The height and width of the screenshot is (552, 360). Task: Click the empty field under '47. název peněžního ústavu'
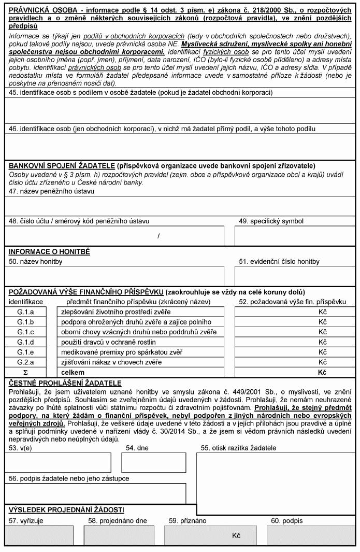pos(180,205)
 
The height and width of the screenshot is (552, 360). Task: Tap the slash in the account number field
pos(159,236)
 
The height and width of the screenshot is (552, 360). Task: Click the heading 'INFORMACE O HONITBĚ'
pos(49,252)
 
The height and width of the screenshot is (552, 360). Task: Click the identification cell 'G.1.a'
pos(26,312)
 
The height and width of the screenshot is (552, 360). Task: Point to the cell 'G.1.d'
pos(26,342)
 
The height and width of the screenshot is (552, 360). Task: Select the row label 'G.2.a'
pos(26,362)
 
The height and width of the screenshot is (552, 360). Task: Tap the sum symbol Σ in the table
pos(26,372)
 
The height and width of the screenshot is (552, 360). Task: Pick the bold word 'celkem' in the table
pos(71,372)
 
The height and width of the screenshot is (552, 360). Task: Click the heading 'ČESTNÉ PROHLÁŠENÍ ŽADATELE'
pos(65,383)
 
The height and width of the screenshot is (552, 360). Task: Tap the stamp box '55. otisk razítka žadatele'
pos(276,477)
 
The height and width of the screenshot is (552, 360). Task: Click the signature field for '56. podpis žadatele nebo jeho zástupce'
pos(96,493)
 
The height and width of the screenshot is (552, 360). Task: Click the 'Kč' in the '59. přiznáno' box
pos(237,535)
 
